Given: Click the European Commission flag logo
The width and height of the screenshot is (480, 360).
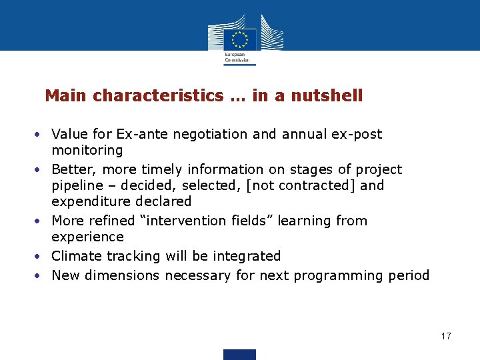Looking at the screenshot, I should [240, 39].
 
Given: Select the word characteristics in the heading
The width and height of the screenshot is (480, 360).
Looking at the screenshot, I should [159, 96].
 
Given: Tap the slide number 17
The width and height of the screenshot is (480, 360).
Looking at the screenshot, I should [446, 336].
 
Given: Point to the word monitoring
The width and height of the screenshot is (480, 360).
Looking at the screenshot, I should [87, 151].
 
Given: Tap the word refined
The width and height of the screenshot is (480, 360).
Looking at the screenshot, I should [115, 221].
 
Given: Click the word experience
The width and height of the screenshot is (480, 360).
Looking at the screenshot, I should [87, 237].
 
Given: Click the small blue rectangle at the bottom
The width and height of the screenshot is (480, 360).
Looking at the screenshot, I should [239, 354].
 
